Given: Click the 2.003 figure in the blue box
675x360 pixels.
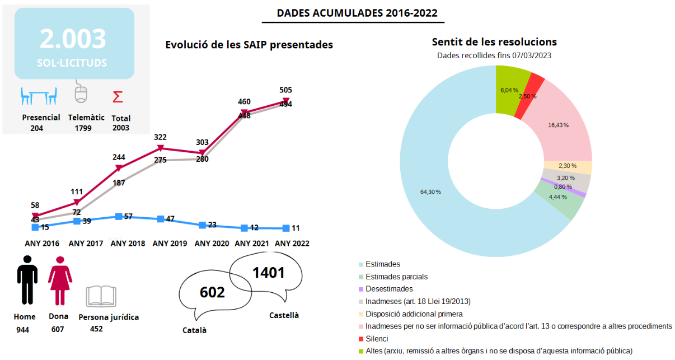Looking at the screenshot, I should pos(73,39).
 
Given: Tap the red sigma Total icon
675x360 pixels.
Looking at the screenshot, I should pos(118,97).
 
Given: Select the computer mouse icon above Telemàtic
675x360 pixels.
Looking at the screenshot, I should pos(82,92).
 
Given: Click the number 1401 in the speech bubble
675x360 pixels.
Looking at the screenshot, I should pos(269,273).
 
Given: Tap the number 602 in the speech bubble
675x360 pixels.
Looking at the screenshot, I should pos(212,292).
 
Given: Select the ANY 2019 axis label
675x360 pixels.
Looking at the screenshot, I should pos(170,244).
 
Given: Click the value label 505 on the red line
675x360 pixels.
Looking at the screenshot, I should pos(285,90).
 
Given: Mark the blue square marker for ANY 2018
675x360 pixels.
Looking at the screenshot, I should pos(119,216).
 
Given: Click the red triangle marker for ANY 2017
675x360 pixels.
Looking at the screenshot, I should pos(77,203).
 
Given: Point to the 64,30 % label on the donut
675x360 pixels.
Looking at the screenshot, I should pos(430,191).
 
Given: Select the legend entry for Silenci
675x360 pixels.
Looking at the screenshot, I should pos(376,339).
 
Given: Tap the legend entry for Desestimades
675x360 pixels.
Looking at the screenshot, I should pos(389,289).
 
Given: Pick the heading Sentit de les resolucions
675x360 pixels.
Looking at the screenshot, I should pos(494,42).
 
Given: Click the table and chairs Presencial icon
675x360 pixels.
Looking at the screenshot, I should pos(38,96).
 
